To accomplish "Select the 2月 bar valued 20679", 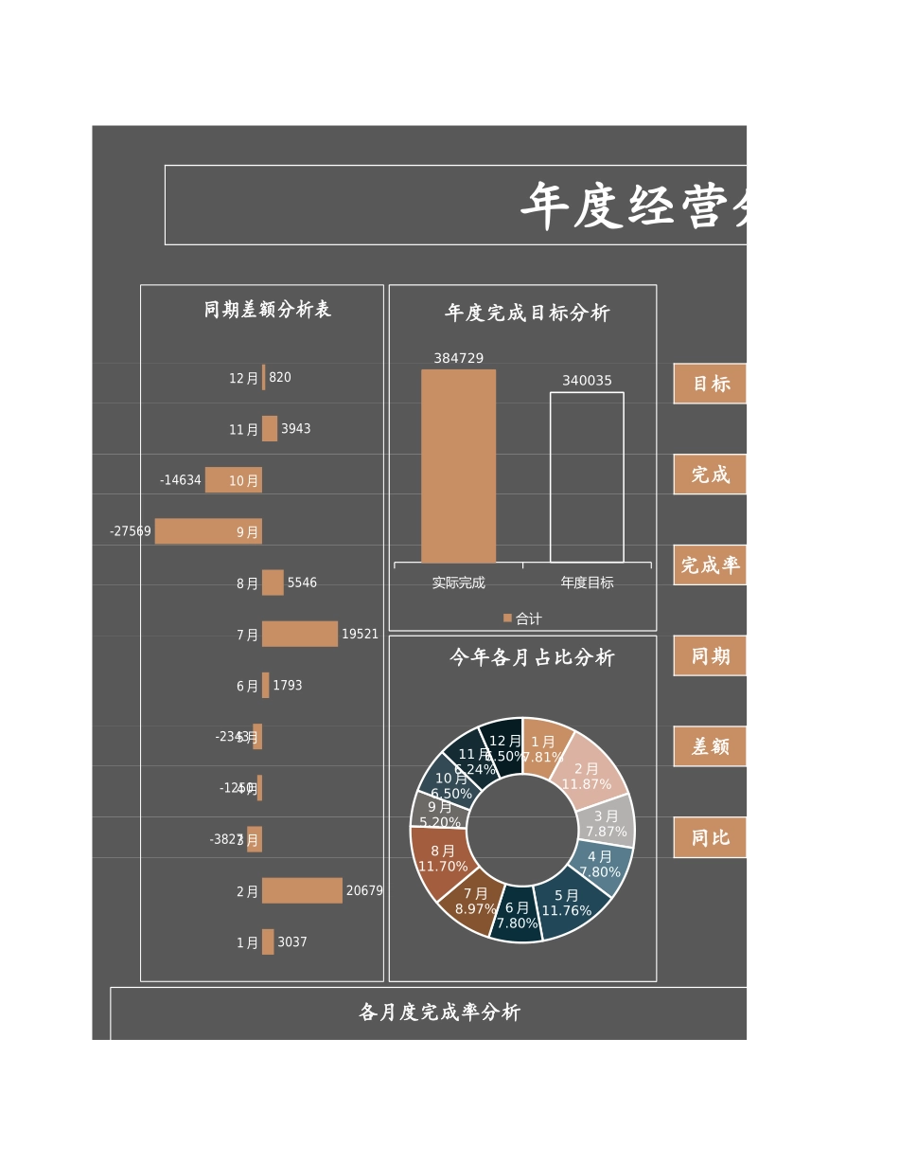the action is pos(302,890).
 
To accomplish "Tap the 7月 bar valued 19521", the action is pos(299,634).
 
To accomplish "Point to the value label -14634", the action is pos(181,480).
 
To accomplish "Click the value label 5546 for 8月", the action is pos(302,582).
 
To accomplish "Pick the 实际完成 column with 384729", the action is pos(458,466).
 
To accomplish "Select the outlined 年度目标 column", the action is pos(587,477).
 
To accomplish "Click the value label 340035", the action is pos(587,381).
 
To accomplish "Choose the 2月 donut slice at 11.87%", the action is pos(592,769).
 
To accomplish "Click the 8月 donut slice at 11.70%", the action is pos(438,860).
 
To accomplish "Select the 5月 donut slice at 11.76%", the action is pos(570,907).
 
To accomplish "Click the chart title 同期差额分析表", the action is pos(267,310).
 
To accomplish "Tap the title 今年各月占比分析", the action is pos(532,657).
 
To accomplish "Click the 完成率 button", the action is pos(710,565).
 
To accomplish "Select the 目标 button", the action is pos(710,384).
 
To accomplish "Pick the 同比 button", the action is pos(710,837).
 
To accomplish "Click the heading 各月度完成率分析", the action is pos(439,1013).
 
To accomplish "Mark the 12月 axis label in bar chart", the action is pos(243,378).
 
